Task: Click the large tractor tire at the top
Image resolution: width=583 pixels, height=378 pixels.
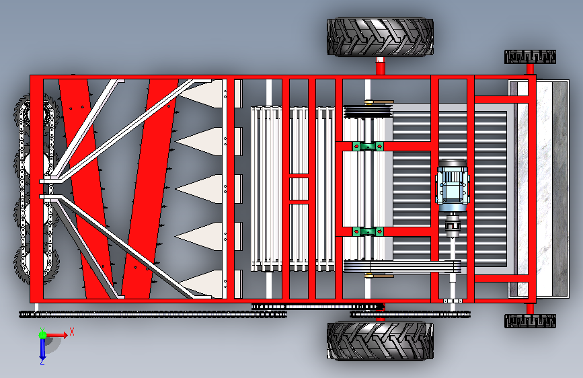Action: click(x=380, y=37)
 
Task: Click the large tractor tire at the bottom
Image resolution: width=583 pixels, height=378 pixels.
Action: click(x=380, y=341)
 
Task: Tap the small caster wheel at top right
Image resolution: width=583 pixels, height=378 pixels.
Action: click(x=530, y=57)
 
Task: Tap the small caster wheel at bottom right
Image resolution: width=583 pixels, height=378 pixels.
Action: click(x=530, y=321)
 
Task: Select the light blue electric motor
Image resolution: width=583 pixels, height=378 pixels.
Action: click(x=452, y=185)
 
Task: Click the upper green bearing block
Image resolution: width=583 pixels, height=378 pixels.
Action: click(x=368, y=146)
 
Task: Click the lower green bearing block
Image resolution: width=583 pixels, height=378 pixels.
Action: click(x=368, y=232)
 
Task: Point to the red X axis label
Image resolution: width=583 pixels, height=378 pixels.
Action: click(x=72, y=332)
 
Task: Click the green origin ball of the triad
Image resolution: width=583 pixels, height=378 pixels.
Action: click(x=43, y=335)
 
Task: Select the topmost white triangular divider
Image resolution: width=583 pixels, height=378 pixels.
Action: click(x=202, y=94)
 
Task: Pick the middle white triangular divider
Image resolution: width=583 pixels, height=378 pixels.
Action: click(x=199, y=189)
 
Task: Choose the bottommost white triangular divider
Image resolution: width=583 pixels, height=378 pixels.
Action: click(x=202, y=284)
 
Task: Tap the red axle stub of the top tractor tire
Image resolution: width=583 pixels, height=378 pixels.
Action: click(x=380, y=66)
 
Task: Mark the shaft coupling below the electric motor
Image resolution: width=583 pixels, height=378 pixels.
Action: click(x=453, y=225)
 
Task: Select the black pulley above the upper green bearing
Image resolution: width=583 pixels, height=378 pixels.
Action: click(x=368, y=112)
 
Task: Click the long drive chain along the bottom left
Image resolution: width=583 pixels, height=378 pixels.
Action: click(x=153, y=314)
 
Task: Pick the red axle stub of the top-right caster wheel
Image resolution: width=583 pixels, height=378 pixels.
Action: click(x=530, y=69)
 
